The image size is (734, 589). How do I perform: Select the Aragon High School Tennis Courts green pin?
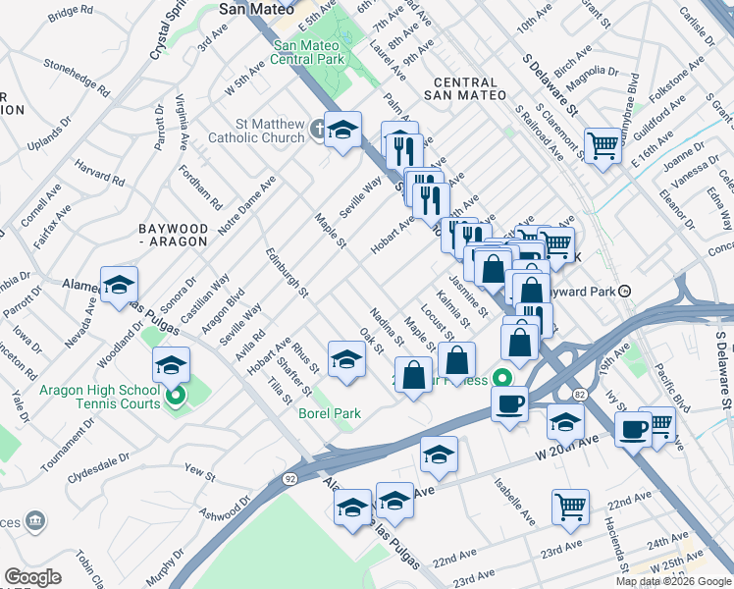tap(176, 398)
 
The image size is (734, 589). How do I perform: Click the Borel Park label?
tap(330, 413)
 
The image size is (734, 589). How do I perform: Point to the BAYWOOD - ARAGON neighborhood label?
tap(174, 235)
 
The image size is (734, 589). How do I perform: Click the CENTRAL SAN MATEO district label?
tap(466, 88)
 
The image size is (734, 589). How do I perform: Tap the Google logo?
tap(32, 577)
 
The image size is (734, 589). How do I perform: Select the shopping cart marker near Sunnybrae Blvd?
tap(603, 145)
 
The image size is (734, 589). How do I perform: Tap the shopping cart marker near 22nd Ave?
tap(569, 507)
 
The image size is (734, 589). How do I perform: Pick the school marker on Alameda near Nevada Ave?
tap(119, 285)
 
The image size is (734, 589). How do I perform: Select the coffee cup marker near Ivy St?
tap(634, 428)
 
